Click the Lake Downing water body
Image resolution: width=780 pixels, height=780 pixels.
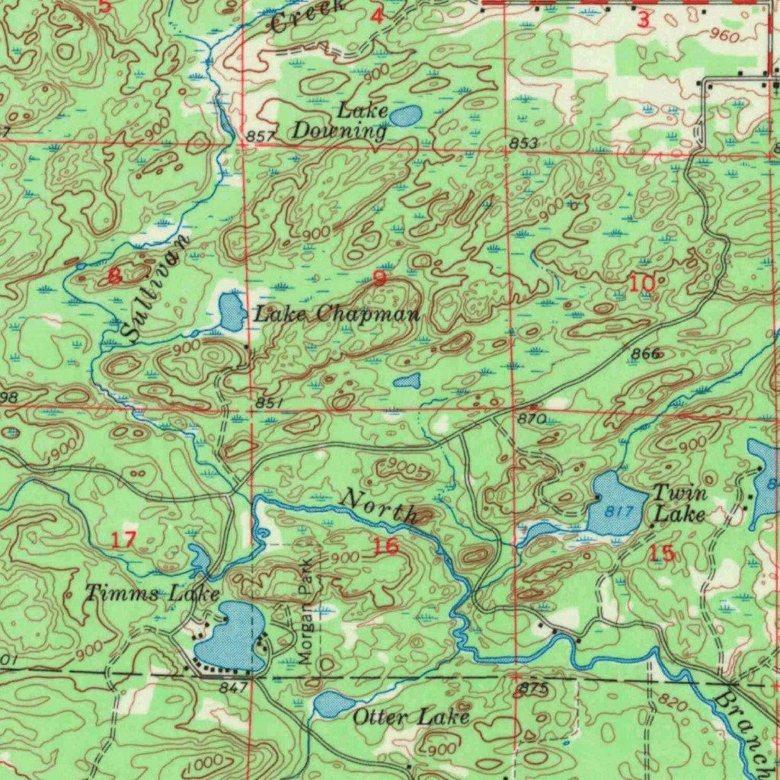pos(406,116)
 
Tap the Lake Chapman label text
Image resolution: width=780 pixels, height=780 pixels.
pos(337,313)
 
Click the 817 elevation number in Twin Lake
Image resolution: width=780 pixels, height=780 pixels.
pos(622,512)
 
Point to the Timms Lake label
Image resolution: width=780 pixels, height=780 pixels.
pos(152,593)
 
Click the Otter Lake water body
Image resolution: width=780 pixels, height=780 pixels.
pos(334,705)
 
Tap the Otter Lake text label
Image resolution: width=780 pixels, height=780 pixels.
pos(411,718)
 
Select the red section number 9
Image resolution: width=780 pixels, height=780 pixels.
pos(379,278)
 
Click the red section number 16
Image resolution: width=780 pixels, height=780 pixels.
pos(385,545)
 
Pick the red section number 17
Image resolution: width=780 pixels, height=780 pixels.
pos(123,540)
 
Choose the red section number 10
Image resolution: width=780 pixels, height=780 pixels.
pos(641,283)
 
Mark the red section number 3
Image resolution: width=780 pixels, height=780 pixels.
pos(643,21)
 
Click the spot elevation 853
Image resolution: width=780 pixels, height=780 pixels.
pos(524,144)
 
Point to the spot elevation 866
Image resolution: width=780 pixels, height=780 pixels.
pos(644,353)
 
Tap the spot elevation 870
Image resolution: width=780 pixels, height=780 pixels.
pos(531,419)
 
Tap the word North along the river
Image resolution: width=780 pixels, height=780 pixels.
pos(379,507)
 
